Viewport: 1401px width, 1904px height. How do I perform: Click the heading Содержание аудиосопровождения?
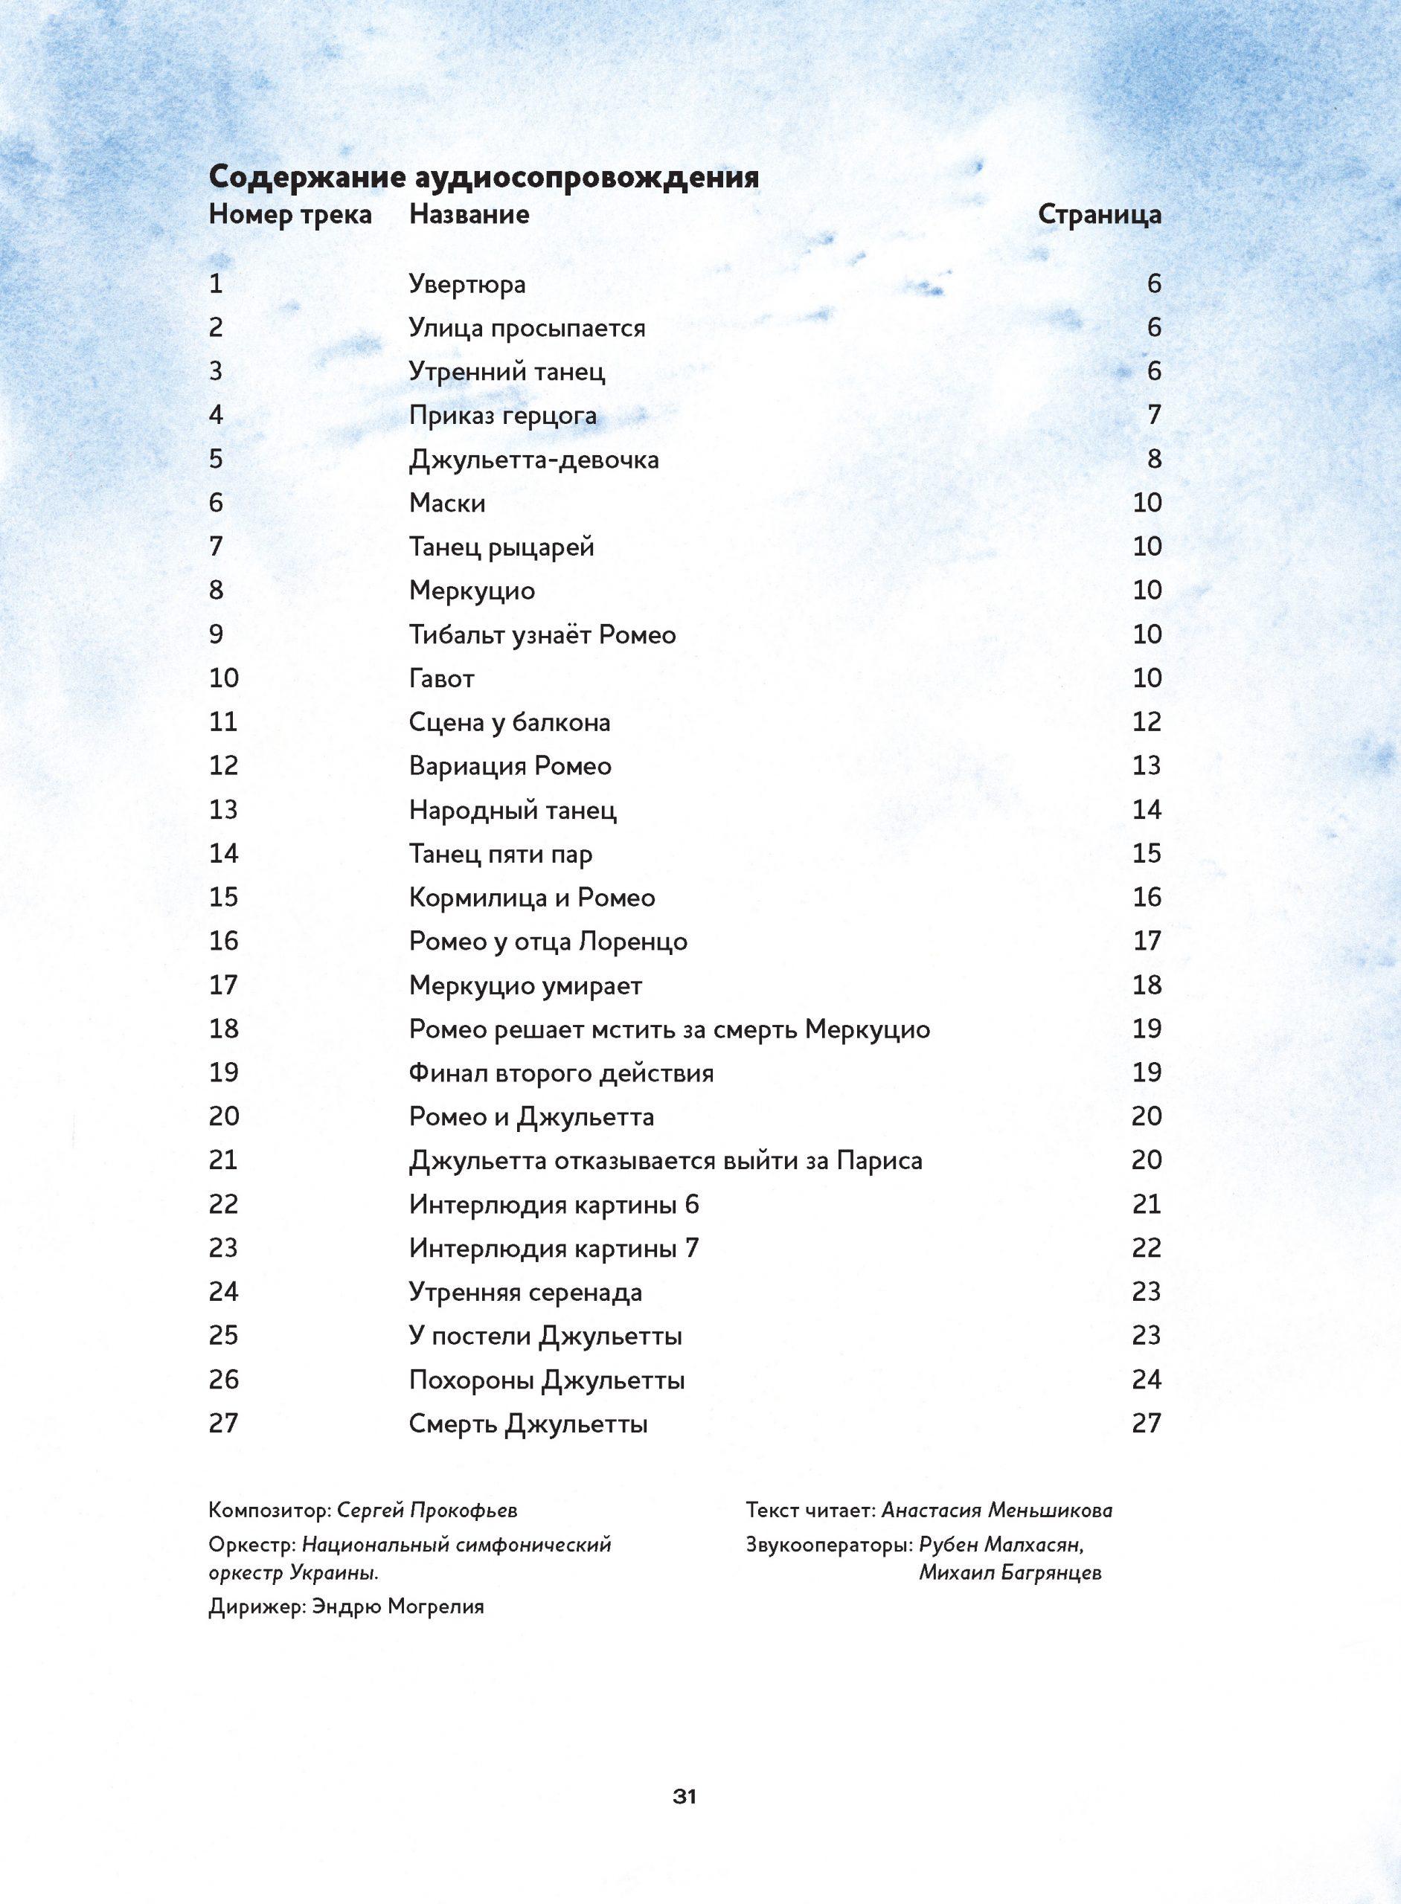[x=484, y=178]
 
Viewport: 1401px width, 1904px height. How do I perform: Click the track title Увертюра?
[x=467, y=284]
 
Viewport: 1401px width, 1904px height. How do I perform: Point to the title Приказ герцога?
[x=503, y=416]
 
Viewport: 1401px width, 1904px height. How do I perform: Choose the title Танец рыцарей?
[x=501, y=547]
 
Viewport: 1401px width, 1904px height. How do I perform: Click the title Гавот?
[x=441, y=678]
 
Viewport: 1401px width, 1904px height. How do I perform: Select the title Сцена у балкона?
[x=510, y=722]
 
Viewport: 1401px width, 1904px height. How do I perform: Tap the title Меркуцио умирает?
[x=525, y=985]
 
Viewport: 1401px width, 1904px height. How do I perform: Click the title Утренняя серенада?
[x=526, y=1292]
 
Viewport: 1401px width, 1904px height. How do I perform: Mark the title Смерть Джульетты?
[x=528, y=1424]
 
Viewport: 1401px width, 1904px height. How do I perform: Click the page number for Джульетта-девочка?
[x=1154, y=460]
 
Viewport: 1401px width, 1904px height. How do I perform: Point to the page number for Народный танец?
[x=1146, y=810]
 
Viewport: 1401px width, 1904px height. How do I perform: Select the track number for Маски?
[x=217, y=503]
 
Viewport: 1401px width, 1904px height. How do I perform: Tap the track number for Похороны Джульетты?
[x=224, y=1379]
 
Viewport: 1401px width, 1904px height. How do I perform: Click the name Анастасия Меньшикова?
[x=996, y=1510]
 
